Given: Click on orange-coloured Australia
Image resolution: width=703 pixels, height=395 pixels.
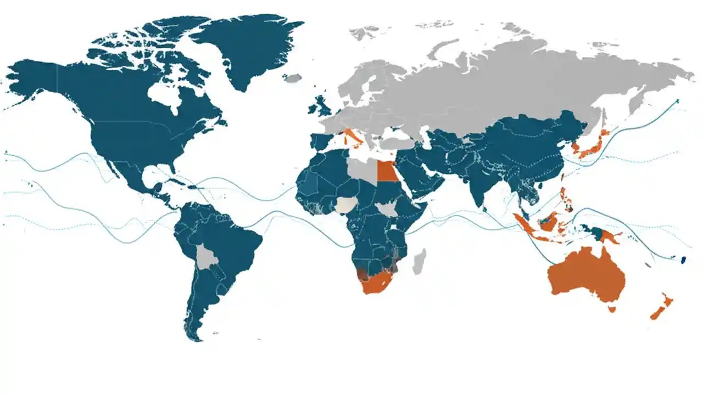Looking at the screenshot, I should pyautogui.click(x=588, y=274).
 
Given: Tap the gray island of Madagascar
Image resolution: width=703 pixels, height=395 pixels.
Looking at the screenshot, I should pyautogui.click(x=419, y=262).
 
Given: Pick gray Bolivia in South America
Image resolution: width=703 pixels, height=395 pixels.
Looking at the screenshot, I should pyautogui.click(x=207, y=257).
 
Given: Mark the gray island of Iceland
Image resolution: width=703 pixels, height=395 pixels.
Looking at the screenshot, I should pyautogui.click(x=293, y=78).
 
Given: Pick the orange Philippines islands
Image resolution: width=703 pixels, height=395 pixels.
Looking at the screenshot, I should pyautogui.click(x=566, y=198).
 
